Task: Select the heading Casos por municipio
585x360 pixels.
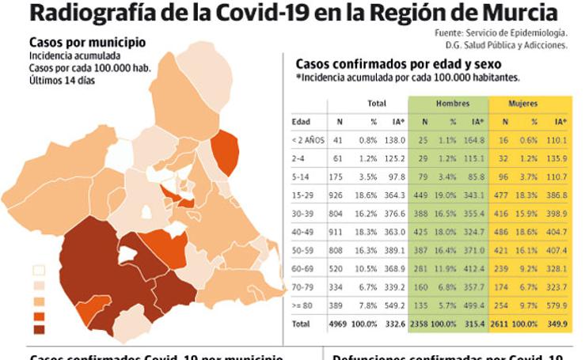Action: pyautogui.click(x=87, y=42)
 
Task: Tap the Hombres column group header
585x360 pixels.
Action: pyautogui.click(x=453, y=104)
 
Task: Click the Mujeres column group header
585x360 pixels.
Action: pyautogui.click(x=524, y=104)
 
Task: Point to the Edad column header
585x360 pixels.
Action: pyautogui.click(x=301, y=122)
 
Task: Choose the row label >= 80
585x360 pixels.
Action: pyautogui.click(x=302, y=305)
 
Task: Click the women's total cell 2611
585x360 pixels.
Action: pyautogui.click(x=504, y=324)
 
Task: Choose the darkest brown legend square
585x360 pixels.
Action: pyautogui.click(x=39, y=329)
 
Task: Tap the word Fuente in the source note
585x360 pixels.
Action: pyautogui.click(x=450, y=33)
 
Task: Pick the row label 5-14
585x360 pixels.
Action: pyautogui.click(x=301, y=176)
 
